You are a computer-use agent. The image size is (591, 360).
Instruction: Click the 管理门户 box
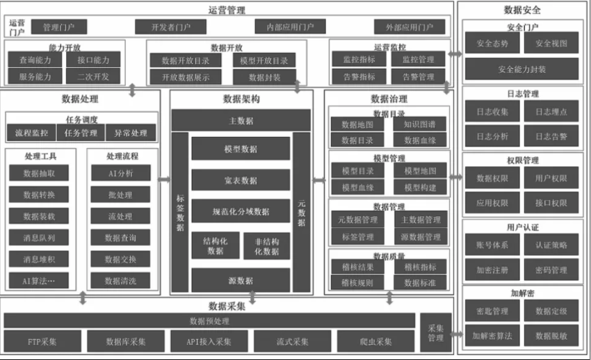pyautogui.click(x=59, y=27)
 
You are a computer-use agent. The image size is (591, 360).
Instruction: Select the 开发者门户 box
pyautogui.click(x=171, y=27)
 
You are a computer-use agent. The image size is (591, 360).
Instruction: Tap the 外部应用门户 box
pyautogui.click(x=410, y=27)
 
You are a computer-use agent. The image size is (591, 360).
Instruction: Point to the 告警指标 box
pyautogui.click(x=359, y=76)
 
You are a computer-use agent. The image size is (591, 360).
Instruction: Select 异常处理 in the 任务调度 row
pyautogui.click(x=131, y=133)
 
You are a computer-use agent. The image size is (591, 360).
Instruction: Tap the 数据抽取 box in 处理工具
pyautogui.click(x=39, y=173)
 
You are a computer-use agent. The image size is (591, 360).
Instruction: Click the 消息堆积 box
pyautogui.click(x=39, y=259)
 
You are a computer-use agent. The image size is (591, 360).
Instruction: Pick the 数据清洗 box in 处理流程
pyautogui.click(x=120, y=281)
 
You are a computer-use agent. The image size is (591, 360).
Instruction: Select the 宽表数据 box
pyautogui.click(x=240, y=180)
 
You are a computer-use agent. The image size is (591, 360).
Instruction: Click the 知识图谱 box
pyautogui.click(x=419, y=125)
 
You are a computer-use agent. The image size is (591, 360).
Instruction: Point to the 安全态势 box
pyautogui.click(x=490, y=43)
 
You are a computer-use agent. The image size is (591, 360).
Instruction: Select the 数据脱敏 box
pyautogui.click(x=551, y=336)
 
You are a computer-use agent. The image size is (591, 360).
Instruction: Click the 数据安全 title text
pyautogui.click(x=522, y=10)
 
